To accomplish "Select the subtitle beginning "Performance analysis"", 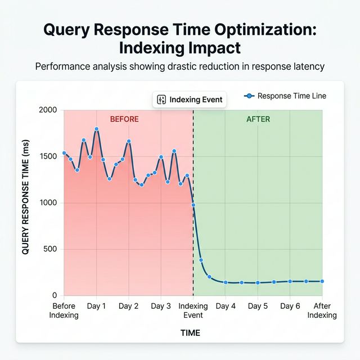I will [179, 66].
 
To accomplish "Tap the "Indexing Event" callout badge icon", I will [161, 100].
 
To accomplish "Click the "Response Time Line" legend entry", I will [285, 96].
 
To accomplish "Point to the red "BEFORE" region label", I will [124, 119].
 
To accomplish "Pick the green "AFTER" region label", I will [258, 119].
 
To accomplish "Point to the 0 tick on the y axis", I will [55, 295].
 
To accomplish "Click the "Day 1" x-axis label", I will [96, 307].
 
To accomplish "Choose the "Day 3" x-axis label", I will [161, 307].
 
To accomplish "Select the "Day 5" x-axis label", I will [258, 307].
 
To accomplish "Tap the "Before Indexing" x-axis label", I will [64, 310].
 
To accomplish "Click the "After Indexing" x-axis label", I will [322, 310].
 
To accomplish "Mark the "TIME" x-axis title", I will [190, 333].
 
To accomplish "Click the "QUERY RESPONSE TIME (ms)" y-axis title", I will [25, 202].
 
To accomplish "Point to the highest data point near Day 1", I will [96, 129].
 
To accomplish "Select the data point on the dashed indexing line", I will [193, 205].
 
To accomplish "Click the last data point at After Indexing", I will [322, 281].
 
